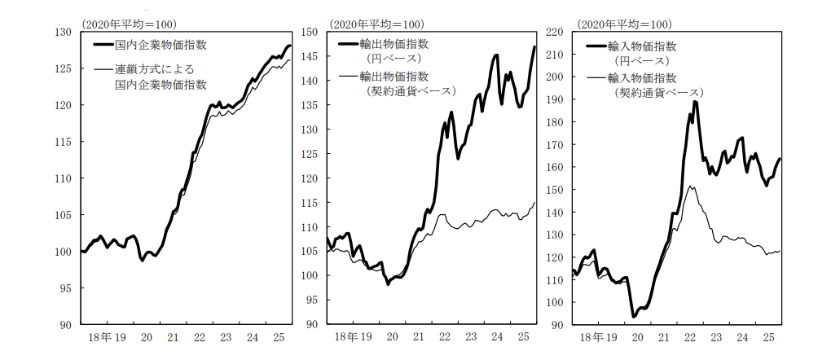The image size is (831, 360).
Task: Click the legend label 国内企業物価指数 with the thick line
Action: point(160,45)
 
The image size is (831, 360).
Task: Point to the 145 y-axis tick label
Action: point(310,56)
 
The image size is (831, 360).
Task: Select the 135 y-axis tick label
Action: point(310,105)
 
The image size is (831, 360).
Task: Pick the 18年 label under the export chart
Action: point(345,336)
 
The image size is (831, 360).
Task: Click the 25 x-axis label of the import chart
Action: point(767,336)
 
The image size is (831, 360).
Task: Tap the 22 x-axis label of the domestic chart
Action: point(198,336)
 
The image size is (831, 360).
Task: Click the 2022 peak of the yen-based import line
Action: point(695,102)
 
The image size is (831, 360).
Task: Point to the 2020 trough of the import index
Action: point(633,316)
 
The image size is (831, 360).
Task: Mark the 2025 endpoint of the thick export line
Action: point(534,47)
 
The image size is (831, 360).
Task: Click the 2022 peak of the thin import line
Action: point(692,187)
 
